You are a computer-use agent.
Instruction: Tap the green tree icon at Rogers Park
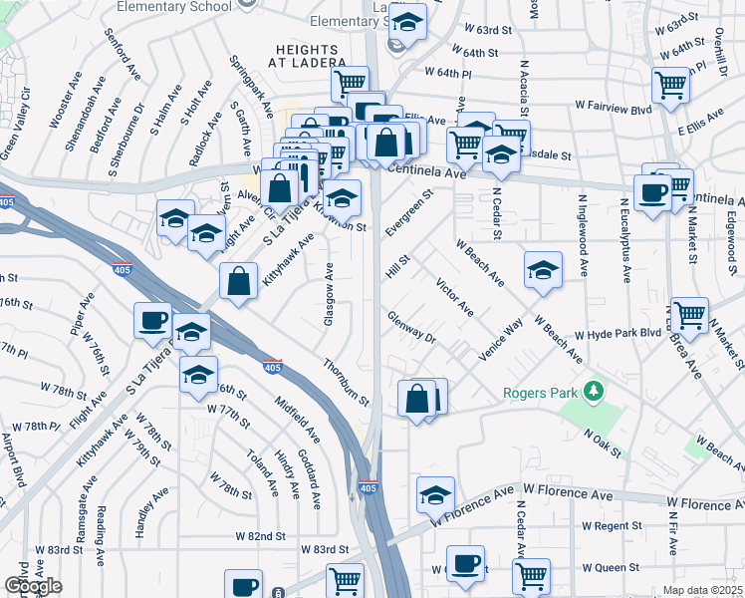coord(595,389)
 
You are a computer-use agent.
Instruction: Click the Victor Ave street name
coord(454,297)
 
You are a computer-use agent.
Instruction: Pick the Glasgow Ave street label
coord(329,295)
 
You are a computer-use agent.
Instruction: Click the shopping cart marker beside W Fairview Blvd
coord(671,86)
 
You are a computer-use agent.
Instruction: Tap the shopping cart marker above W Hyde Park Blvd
coord(689,315)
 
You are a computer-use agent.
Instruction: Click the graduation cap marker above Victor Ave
coord(543,269)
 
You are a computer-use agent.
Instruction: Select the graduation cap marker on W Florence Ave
coord(435,494)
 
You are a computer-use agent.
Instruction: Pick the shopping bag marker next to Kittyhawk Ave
coord(239,281)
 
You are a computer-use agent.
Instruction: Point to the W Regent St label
coord(613,525)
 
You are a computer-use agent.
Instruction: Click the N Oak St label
coord(603,445)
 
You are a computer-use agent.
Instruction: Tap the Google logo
coord(33,586)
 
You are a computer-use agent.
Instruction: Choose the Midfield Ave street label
coord(298,420)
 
